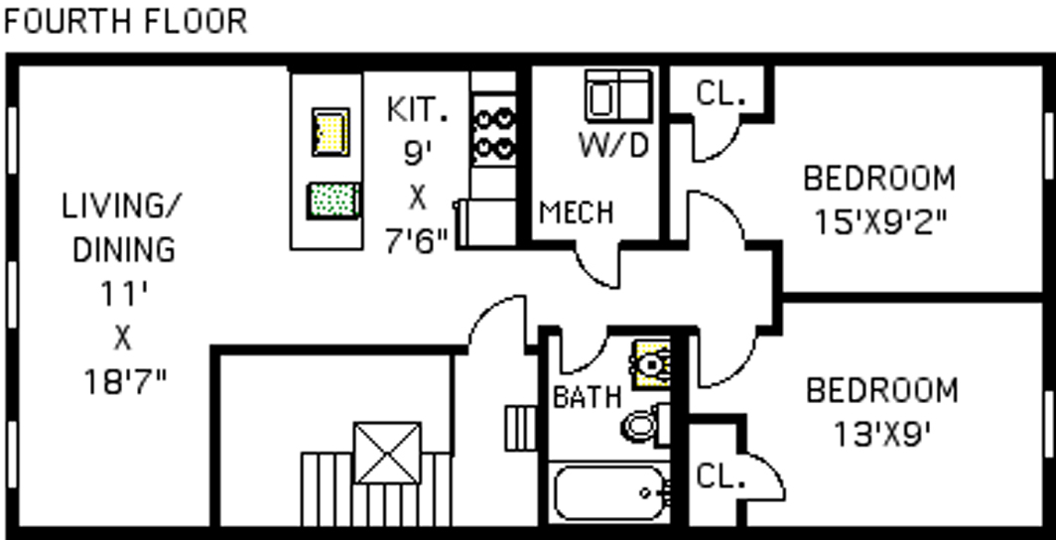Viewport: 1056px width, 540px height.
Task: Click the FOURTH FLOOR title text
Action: [125, 21]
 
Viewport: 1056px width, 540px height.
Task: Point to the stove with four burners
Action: [494, 133]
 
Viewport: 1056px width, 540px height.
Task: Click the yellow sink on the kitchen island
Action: [331, 131]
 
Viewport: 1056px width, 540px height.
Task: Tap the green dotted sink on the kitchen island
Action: [331, 201]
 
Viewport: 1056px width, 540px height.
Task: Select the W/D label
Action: [613, 146]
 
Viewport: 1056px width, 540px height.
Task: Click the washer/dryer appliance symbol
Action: [617, 96]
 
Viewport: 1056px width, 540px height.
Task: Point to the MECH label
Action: [576, 212]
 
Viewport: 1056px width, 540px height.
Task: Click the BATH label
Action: [587, 397]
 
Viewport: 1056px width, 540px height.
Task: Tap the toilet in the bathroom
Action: [642, 426]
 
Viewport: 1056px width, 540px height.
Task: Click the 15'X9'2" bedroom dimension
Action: [879, 218]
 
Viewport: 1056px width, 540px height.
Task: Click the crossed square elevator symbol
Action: [387, 454]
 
